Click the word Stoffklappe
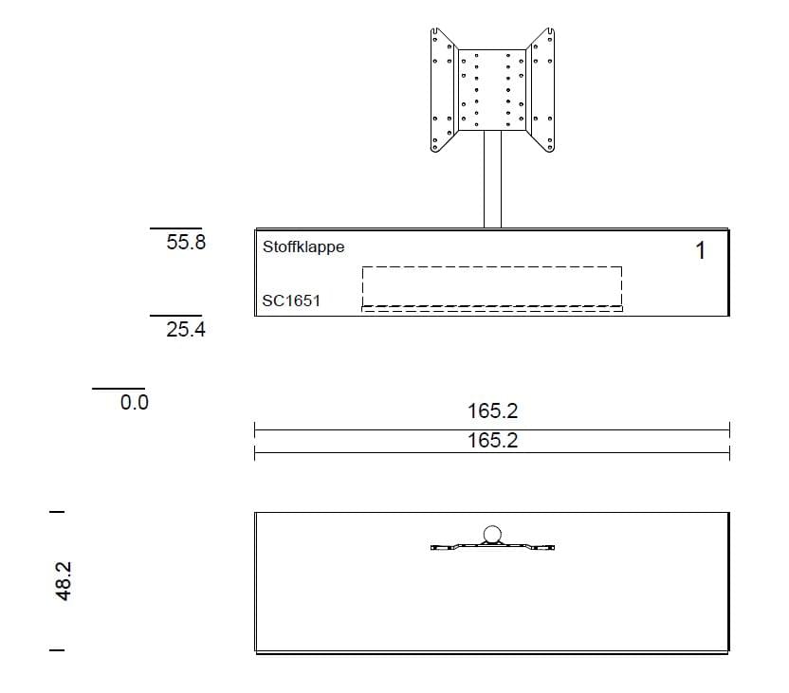303,246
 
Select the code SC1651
291,301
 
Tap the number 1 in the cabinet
700,250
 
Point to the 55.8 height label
186,242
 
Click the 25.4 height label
186,330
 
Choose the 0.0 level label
135,402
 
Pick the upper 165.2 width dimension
492,411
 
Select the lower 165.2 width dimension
492,441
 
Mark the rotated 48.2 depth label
64,580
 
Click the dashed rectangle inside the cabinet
491,287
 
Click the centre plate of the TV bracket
491,89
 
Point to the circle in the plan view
492,535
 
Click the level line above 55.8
175,228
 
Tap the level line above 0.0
119,388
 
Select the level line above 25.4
175,316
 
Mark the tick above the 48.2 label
58,512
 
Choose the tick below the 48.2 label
58,650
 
